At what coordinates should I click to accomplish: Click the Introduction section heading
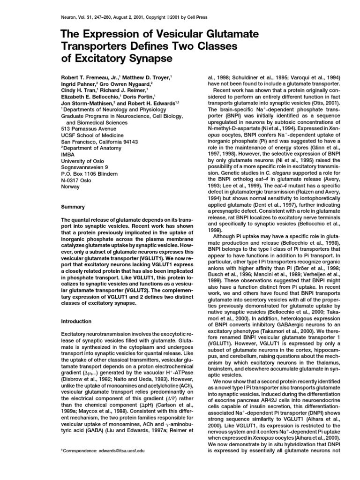coord(77,322)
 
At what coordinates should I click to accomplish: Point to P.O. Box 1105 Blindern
coord(91,173)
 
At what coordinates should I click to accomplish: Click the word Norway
coord(70,186)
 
